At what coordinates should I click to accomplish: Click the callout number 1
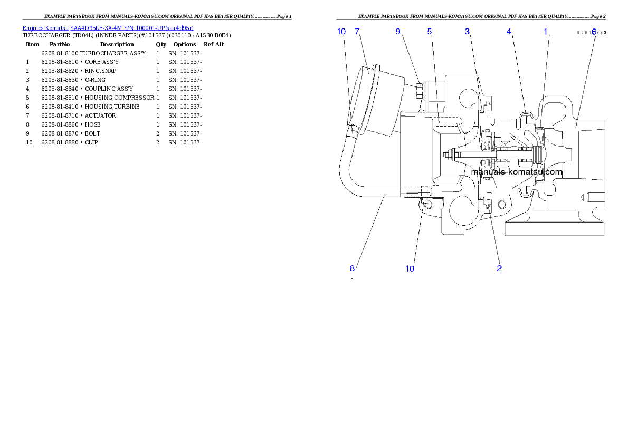coord(546,32)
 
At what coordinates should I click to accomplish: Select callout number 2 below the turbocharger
coord(499,268)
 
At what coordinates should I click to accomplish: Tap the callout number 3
coord(467,32)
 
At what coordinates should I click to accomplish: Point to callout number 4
coord(509,32)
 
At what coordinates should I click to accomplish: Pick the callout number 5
coord(430,32)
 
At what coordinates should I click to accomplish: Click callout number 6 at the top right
coord(594,32)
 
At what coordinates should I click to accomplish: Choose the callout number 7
coord(357,32)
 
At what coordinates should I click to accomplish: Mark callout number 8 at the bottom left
coord(352,268)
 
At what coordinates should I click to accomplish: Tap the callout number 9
coord(398,32)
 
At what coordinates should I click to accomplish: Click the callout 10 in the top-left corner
coord(341,32)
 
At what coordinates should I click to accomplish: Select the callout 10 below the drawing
coord(410,268)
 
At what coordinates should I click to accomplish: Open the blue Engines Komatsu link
coord(108,27)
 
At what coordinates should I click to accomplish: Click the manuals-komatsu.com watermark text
coord(517,172)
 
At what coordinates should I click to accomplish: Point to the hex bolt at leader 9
coord(420,92)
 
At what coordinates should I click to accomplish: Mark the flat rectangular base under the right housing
coord(554,228)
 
